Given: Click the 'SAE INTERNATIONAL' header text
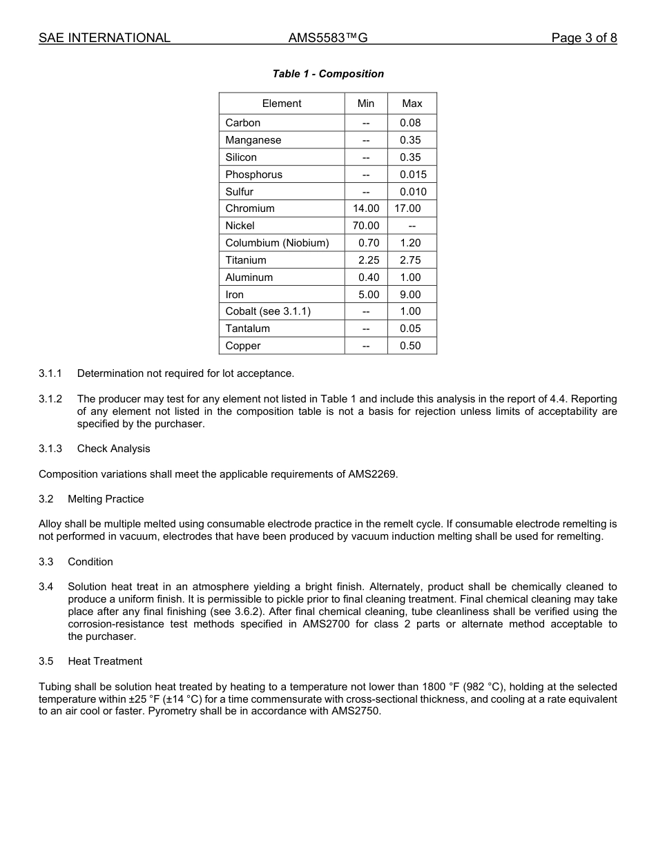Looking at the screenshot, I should pyautogui.click(x=104, y=38).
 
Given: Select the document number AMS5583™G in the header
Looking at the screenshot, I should pyautogui.click(x=327, y=38).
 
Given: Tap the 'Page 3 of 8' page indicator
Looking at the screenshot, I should pyautogui.click(x=583, y=38).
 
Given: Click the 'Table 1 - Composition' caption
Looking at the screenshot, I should pyautogui.click(x=328, y=74).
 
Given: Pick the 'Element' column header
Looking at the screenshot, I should pyautogui.click(x=282, y=104).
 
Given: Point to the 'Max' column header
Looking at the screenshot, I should pyautogui.click(x=412, y=104).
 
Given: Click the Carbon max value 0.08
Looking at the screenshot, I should pyautogui.click(x=410, y=123).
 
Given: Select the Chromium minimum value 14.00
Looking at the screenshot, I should pyautogui.click(x=366, y=208).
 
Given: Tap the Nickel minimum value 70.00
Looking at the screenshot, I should pyautogui.click(x=366, y=226).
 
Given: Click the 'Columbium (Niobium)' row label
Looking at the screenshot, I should pyautogui.click(x=277, y=243).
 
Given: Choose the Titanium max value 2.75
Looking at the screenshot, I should pyautogui.click(x=410, y=260).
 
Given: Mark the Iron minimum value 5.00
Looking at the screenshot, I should pyautogui.click(x=369, y=295).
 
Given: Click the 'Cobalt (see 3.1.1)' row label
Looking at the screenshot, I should pyautogui.click(x=268, y=311).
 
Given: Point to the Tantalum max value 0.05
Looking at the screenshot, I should pyautogui.click(x=410, y=329).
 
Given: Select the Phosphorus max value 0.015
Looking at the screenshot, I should pyautogui.click(x=413, y=175).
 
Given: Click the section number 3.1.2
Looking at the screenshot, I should pyautogui.click(x=50, y=399).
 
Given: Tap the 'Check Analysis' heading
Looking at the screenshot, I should pyautogui.click(x=113, y=449).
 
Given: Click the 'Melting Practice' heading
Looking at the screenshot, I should pyautogui.click(x=106, y=499).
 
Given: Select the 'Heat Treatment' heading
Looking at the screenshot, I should pyautogui.click(x=105, y=661).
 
